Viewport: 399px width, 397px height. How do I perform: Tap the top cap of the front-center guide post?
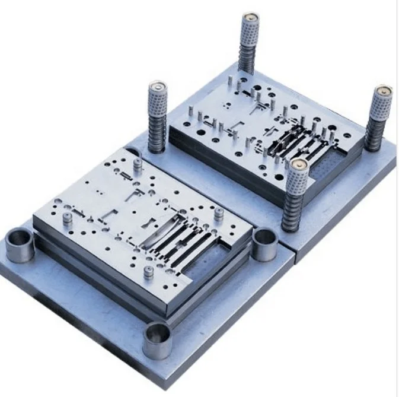[x=296, y=164]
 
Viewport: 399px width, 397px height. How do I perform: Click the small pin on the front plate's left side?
[x=68, y=218]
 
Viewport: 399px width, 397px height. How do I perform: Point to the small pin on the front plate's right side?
[x=218, y=214]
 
